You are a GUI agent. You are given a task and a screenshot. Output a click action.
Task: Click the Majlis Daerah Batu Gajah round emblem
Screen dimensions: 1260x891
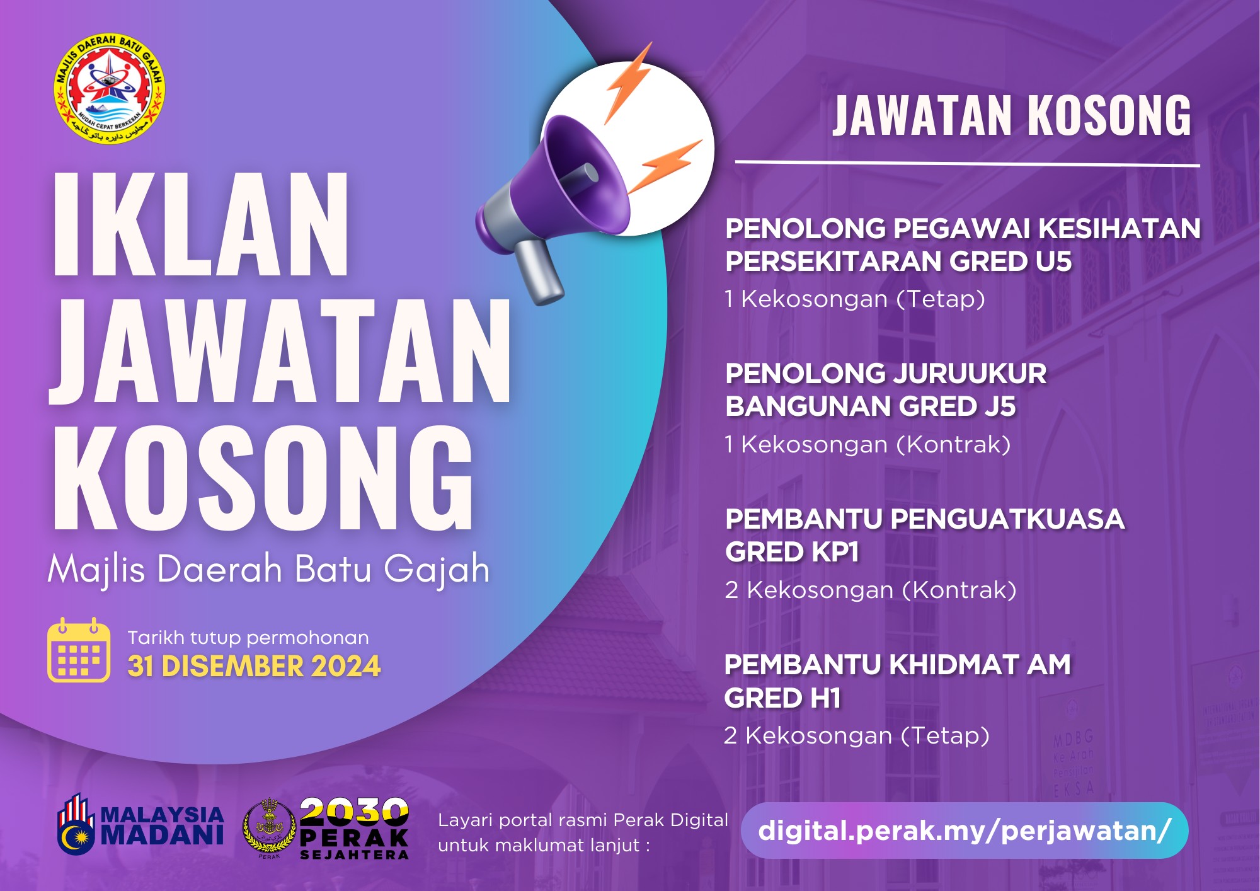109,89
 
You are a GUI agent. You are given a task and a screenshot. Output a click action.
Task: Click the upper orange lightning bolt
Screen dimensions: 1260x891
628,82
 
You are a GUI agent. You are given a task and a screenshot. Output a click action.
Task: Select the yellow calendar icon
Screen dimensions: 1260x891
79,650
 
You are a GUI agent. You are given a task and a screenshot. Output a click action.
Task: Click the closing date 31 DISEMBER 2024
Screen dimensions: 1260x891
254,666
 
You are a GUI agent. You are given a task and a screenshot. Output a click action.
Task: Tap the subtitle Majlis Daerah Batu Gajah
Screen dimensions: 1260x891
269,570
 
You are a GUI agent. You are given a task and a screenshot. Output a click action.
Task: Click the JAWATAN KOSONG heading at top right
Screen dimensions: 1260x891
1012,115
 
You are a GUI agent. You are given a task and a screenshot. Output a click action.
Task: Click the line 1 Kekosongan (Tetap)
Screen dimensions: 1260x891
855,299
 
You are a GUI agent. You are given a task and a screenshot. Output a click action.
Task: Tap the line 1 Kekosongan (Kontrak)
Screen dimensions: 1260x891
868,444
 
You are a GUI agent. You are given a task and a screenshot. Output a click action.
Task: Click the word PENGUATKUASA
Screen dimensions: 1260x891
1007,519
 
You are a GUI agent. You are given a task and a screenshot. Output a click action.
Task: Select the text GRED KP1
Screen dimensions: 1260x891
792,552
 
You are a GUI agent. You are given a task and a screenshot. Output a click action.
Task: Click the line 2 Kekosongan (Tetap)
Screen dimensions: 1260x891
857,735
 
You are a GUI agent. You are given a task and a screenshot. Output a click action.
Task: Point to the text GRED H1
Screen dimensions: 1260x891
782,698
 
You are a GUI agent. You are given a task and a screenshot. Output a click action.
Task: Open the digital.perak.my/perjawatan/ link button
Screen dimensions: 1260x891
965,831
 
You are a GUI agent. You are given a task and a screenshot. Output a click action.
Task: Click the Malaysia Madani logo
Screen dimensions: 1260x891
140,824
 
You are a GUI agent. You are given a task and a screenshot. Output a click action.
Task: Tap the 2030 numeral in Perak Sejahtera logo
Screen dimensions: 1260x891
354,812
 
